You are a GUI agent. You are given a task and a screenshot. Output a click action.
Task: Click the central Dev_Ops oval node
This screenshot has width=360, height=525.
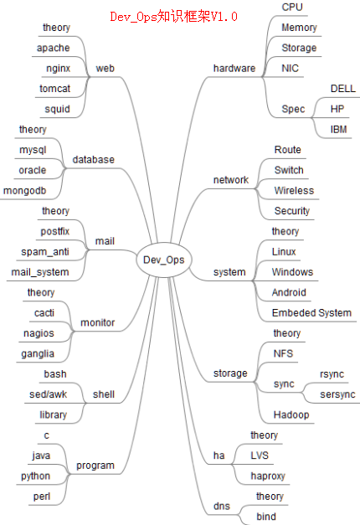[163, 260]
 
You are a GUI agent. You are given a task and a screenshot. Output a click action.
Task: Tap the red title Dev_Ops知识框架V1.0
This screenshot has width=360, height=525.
[173, 16]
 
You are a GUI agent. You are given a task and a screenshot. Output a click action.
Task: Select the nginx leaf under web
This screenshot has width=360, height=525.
[58, 68]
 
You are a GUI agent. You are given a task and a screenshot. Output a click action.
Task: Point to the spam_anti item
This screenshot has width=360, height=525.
[45, 251]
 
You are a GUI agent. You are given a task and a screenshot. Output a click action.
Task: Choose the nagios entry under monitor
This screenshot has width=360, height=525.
[39, 332]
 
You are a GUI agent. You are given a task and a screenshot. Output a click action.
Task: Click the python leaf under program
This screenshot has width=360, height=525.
[35, 476]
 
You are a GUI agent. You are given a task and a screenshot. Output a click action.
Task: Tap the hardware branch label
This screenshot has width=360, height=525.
[234, 68]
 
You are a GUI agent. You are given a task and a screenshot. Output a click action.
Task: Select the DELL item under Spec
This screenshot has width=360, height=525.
[342, 88]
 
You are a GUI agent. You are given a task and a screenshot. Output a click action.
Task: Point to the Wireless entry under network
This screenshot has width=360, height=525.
[294, 190]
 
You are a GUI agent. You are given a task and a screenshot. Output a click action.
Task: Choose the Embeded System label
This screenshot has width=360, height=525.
[311, 312]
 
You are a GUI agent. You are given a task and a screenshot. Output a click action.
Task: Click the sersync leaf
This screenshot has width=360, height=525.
[337, 394]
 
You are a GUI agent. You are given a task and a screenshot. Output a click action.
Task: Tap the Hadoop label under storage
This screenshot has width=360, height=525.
[291, 414]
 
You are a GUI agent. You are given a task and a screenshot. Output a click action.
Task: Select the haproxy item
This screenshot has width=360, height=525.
[268, 476]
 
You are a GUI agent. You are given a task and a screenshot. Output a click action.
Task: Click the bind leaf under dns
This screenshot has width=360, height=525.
[265, 517]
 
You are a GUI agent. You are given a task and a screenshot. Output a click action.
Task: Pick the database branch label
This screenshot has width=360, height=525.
[94, 159]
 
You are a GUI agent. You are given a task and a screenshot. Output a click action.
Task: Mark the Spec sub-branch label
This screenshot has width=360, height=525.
[294, 109]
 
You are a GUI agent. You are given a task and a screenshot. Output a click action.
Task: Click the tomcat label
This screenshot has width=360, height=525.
[55, 88]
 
